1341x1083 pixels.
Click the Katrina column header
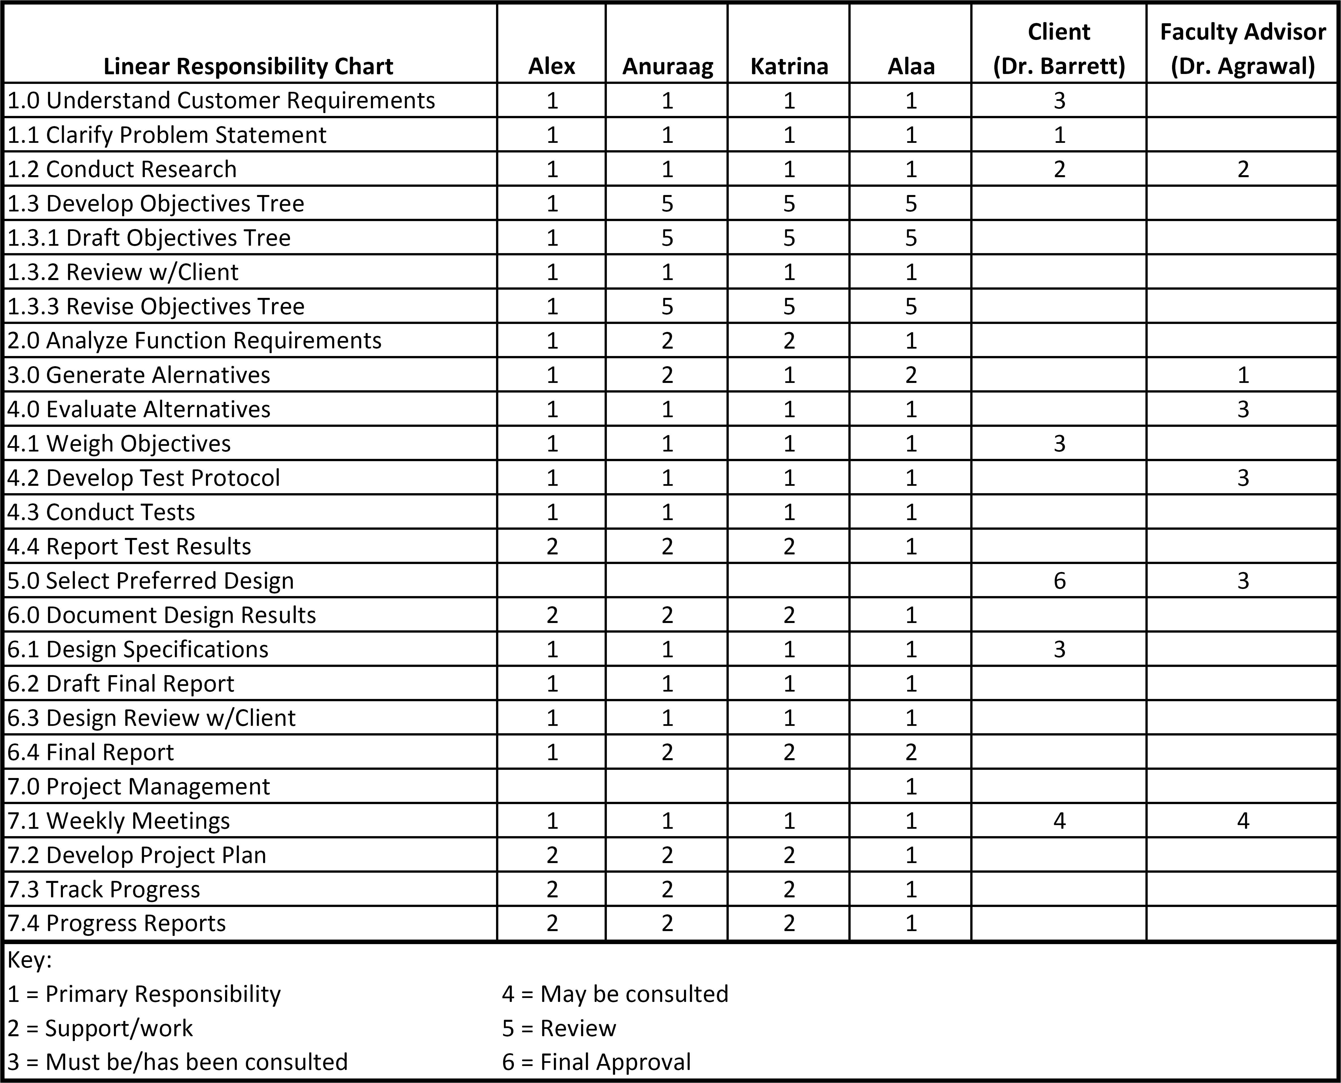(x=789, y=66)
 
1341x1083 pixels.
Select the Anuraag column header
(x=667, y=66)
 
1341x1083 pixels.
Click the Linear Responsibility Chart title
(x=248, y=66)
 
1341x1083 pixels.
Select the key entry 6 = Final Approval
(x=596, y=1062)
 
